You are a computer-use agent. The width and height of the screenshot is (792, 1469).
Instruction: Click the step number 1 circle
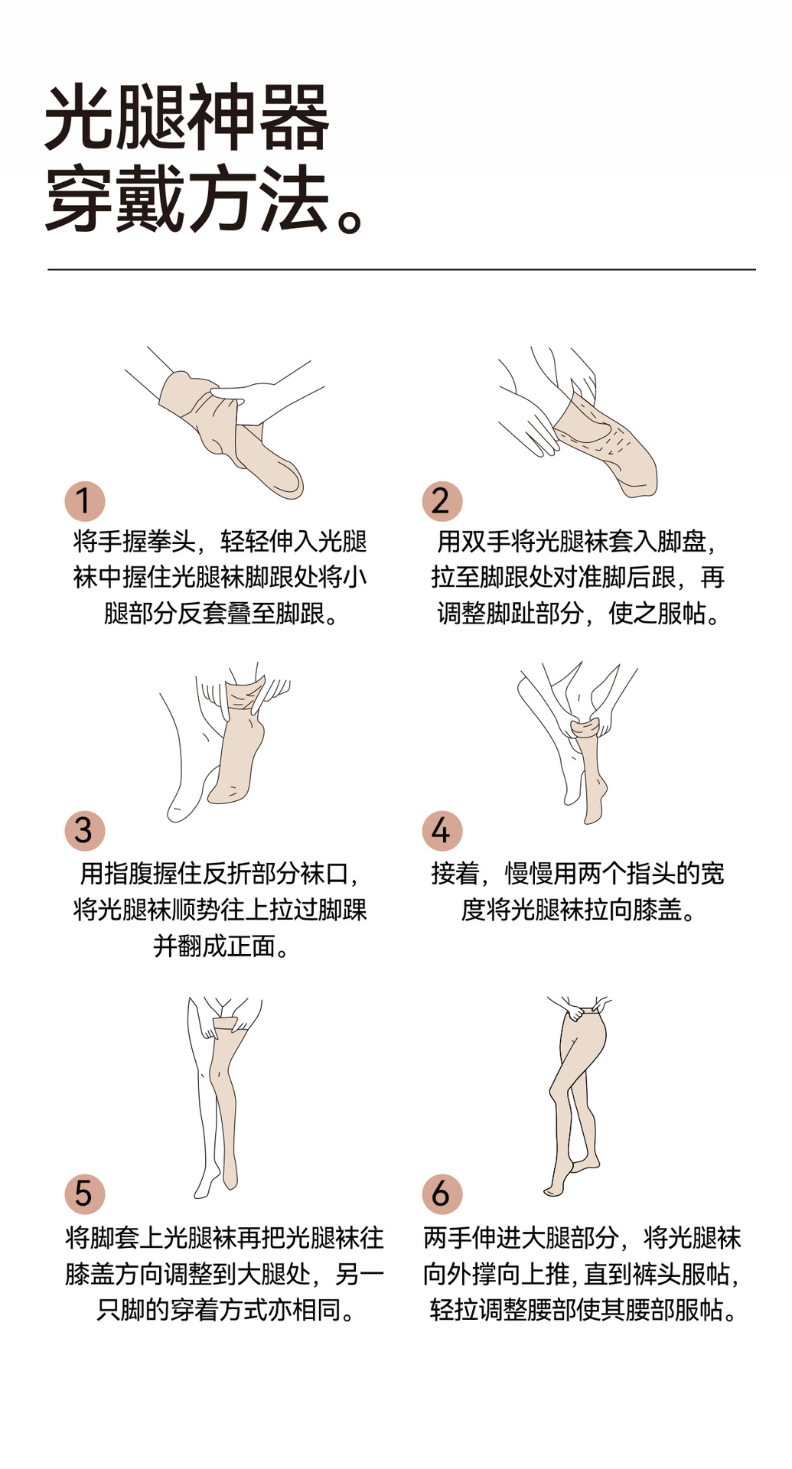pyautogui.click(x=84, y=501)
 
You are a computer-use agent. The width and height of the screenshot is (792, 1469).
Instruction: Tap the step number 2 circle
pyautogui.click(x=442, y=501)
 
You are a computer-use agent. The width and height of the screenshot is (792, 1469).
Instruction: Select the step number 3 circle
pyautogui.click(x=84, y=831)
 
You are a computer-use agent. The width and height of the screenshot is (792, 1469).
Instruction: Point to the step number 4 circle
pyautogui.click(x=442, y=831)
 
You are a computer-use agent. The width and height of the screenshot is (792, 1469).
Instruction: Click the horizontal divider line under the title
pyautogui.click(x=402, y=269)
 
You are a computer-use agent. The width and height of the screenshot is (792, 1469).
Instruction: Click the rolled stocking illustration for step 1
pyautogui.click(x=230, y=432)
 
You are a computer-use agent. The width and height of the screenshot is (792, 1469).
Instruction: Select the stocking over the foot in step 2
pyautogui.click(x=605, y=444)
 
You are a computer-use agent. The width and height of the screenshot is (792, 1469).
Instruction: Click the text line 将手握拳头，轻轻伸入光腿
pyautogui.click(x=220, y=542)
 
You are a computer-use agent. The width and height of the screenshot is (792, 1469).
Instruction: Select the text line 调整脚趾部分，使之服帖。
pyautogui.click(x=579, y=614)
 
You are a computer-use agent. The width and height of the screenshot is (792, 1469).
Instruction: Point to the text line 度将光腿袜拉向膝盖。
pyautogui.click(x=579, y=910)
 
